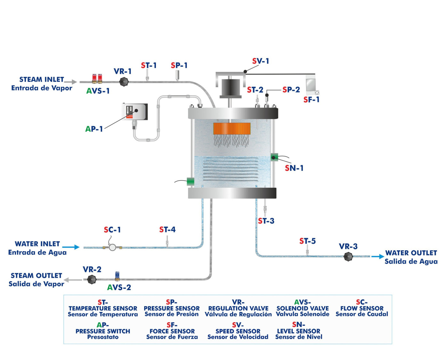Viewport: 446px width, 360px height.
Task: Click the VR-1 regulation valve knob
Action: pyautogui.click(x=124, y=82)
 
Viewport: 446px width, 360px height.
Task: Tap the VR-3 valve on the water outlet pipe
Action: pyautogui.click(x=348, y=257)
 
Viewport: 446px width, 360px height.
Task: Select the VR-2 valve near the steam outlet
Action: pyautogui.click(x=92, y=279)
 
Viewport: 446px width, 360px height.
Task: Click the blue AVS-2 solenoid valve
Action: pyautogui.click(x=117, y=276)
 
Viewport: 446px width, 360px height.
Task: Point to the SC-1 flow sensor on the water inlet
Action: pyautogui.click(x=112, y=247)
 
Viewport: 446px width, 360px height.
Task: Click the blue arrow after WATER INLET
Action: pyautogui.click(x=71, y=247)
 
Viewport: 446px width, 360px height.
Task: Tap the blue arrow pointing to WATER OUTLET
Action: pyautogui.click(x=377, y=256)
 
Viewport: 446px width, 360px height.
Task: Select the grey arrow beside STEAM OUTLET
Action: pyautogui.click(x=73, y=280)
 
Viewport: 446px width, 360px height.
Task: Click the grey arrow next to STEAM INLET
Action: pyautogui.click(x=71, y=82)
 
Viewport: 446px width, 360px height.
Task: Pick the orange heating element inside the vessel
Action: pyautogui.click(x=232, y=129)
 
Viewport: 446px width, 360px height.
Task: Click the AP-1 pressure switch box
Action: pyautogui.click(x=135, y=111)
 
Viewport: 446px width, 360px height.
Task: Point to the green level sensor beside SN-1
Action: pyautogui.click(x=274, y=157)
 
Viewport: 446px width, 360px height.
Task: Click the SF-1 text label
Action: pyautogui.click(x=311, y=100)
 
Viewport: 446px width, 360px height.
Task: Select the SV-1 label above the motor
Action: pyautogui.click(x=260, y=61)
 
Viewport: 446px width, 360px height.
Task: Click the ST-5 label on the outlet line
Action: pyautogui.click(x=307, y=241)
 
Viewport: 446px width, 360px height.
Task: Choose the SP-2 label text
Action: pyautogui.click(x=291, y=90)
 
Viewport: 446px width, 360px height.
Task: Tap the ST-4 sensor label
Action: pyautogui.click(x=167, y=229)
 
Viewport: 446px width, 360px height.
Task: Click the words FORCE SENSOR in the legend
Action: pyautogui.click(x=172, y=331)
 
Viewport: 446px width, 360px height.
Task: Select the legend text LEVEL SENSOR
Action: pyautogui.click(x=298, y=331)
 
